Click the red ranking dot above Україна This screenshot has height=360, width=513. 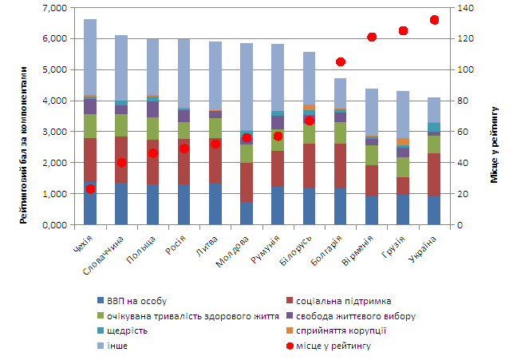point(434,20)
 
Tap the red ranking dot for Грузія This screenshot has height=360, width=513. point(403,30)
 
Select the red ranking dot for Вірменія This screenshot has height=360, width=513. point(372,37)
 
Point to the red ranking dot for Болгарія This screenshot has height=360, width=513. point(341,61)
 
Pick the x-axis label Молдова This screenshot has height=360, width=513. point(235,247)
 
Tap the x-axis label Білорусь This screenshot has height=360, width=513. point(298,247)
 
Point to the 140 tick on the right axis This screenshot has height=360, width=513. point(460,8)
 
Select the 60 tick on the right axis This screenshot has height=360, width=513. point(458,132)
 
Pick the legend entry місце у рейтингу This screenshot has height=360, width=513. point(333,346)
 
